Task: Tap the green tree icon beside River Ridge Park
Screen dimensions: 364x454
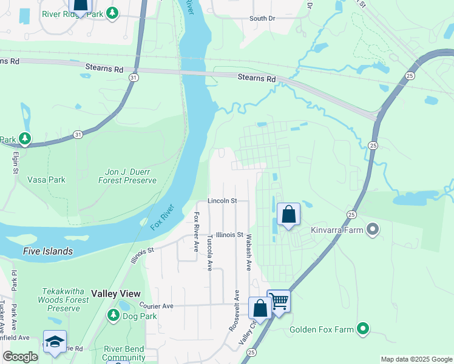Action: coord(112,13)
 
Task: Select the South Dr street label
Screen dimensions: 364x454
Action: coord(262,19)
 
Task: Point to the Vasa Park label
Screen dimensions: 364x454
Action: coord(46,180)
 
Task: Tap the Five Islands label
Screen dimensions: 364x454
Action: coord(48,251)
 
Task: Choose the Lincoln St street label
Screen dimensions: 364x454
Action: coord(222,200)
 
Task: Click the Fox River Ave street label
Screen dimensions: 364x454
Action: coord(197,232)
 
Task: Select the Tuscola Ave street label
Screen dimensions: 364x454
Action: coord(210,252)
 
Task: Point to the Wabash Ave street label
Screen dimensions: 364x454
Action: coord(248,254)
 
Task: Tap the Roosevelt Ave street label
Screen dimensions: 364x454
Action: coord(234,310)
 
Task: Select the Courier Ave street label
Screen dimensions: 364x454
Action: coord(156,306)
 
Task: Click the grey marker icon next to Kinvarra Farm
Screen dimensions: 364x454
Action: coord(373,230)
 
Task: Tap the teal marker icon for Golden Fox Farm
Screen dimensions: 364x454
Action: coord(364,329)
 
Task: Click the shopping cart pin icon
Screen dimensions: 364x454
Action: coord(279,300)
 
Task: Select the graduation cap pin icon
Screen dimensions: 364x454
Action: coord(55,342)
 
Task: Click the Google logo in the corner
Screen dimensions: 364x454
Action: coord(20,357)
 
